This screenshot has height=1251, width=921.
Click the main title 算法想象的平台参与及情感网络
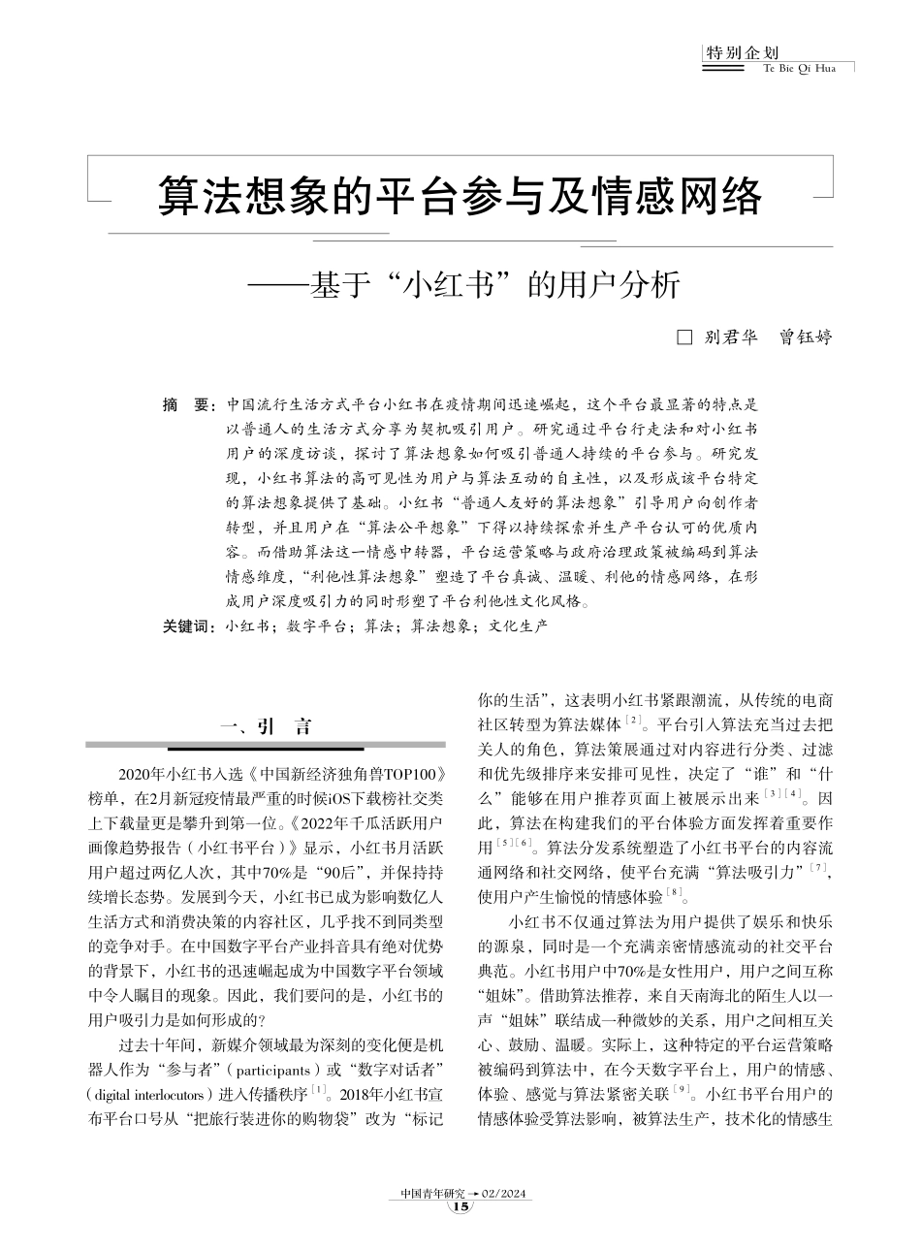click(x=460, y=197)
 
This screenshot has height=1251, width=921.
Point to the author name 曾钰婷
click(x=806, y=338)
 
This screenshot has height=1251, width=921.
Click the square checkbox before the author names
click(x=683, y=338)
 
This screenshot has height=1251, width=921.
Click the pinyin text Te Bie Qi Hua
click(x=800, y=69)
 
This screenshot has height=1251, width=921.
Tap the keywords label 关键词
click(x=189, y=627)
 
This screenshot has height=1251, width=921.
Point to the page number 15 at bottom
click(x=460, y=1206)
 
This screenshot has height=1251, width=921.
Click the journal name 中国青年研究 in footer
click(x=432, y=1192)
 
